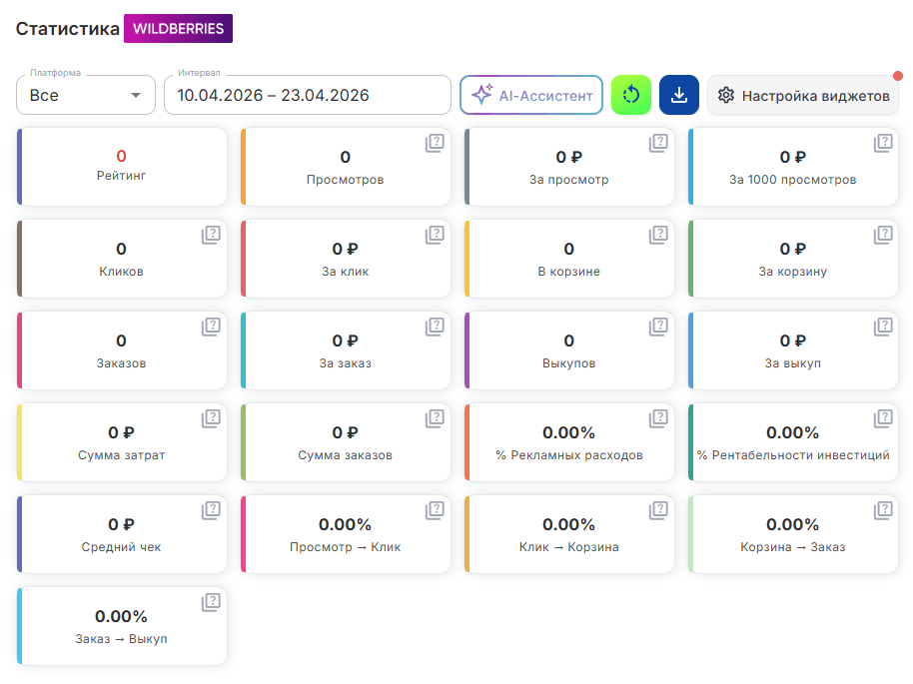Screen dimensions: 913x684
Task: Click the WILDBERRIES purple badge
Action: coord(178,29)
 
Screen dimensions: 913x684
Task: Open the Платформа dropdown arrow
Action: coord(136,95)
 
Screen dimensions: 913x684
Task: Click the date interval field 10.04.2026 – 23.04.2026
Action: coord(308,95)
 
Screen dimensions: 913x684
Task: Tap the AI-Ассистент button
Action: coord(531,95)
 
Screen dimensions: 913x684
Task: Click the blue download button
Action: coord(679,95)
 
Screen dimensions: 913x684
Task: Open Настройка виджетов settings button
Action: coord(803,95)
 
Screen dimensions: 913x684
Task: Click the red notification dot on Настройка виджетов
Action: coord(898,76)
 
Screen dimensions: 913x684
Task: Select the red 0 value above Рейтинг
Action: coord(121,156)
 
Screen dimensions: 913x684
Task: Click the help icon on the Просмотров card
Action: coord(435,143)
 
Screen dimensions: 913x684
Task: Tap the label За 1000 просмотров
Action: coord(792,180)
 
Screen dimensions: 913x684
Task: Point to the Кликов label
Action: coord(121,272)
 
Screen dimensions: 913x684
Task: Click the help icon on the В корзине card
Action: coord(658,235)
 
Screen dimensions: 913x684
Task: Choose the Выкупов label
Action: coord(569,363)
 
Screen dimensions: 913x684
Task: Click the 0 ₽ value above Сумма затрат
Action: coord(121,432)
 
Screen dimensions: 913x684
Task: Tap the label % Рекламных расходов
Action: coord(569,455)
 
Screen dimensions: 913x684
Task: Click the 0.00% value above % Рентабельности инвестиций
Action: coord(792,432)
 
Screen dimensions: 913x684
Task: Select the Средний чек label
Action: coord(121,547)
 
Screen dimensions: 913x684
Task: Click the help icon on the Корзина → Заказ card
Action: coord(883,510)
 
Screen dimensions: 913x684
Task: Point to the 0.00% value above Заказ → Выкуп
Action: coord(121,616)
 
